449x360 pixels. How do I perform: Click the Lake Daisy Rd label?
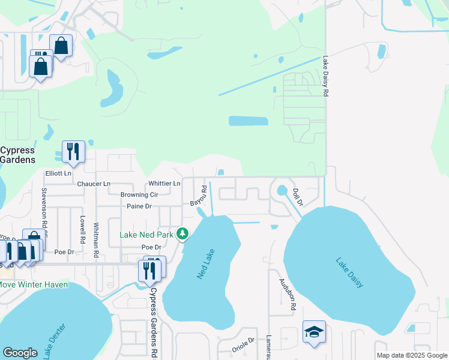click(x=325, y=77)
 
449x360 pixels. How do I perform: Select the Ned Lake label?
click(x=205, y=264)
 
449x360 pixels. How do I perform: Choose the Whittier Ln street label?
click(x=164, y=183)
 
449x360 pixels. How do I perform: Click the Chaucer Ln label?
click(x=94, y=183)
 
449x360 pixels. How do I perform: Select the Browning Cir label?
click(x=139, y=195)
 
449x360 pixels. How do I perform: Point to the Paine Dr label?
click(x=139, y=206)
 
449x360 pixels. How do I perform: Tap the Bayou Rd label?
click(x=199, y=196)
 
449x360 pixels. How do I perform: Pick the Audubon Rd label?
click(x=286, y=294)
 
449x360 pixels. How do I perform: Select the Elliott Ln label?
click(x=58, y=173)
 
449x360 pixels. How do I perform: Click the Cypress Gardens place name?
click(x=17, y=155)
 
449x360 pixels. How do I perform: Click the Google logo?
click(x=20, y=353)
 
